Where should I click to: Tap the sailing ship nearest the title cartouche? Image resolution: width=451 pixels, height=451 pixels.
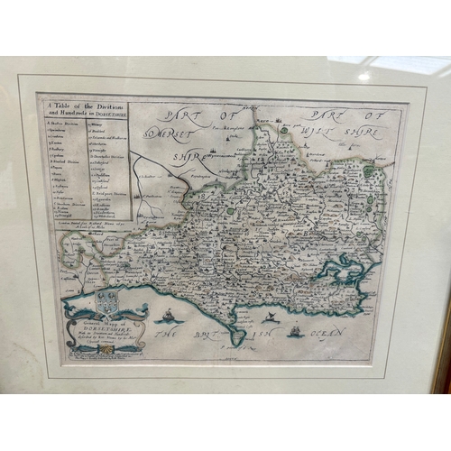pos(167,316)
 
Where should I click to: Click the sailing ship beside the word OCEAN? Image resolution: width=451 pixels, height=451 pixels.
pos(294,331)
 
